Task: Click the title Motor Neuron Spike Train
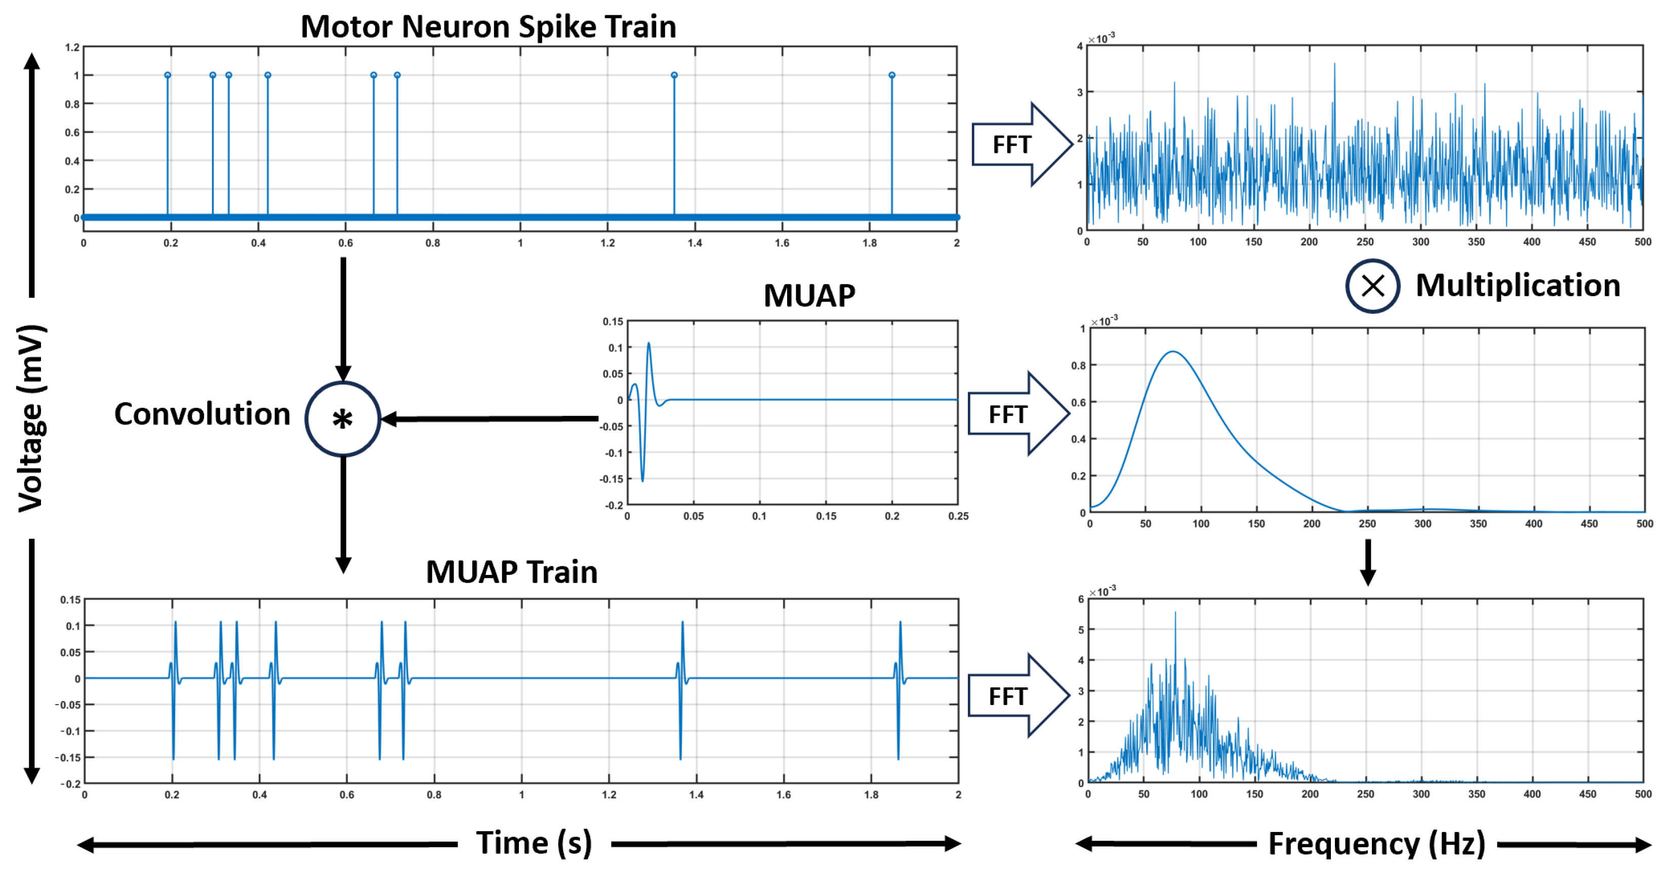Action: coord(488,27)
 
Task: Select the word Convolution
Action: coord(202,415)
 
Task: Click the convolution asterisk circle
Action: coord(343,420)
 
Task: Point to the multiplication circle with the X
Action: coord(1372,285)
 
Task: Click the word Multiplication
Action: coord(1517,285)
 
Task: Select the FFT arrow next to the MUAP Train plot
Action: coord(1016,696)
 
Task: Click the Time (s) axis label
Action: coord(534,843)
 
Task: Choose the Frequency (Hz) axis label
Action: coord(1376,844)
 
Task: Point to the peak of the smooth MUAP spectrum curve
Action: coord(1172,352)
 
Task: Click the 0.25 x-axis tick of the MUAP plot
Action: coord(958,516)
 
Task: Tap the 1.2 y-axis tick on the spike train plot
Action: coord(72,47)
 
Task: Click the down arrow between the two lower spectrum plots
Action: coord(1367,562)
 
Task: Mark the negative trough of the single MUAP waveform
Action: coord(642,480)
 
